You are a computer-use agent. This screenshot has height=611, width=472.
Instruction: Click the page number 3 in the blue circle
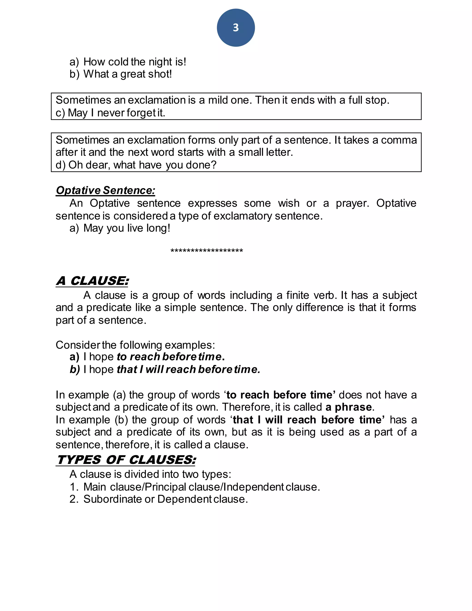[x=236, y=27]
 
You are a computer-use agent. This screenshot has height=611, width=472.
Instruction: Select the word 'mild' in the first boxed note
[x=215, y=100]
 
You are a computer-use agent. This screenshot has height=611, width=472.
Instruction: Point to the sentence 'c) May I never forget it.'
[x=110, y=113]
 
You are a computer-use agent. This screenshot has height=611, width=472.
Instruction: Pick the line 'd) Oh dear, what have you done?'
[x=136, y=165]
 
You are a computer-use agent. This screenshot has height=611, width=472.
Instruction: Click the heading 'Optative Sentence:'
[x=105, y=190]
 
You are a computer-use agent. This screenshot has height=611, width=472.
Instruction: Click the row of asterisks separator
[x=207, y=251]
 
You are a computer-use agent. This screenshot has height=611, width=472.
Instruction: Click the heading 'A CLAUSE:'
[x=92, y=281]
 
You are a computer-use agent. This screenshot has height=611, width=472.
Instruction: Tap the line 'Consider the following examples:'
[x=135, y=345]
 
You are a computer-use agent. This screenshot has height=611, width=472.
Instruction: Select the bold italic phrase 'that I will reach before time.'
[x=188, y=370]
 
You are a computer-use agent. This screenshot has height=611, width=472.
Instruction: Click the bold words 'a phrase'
[x=348, y=407]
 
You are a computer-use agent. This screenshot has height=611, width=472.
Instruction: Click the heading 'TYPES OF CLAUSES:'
[x=126, y=460]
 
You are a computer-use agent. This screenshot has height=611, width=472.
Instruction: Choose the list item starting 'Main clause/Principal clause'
[x=201, y=487]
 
